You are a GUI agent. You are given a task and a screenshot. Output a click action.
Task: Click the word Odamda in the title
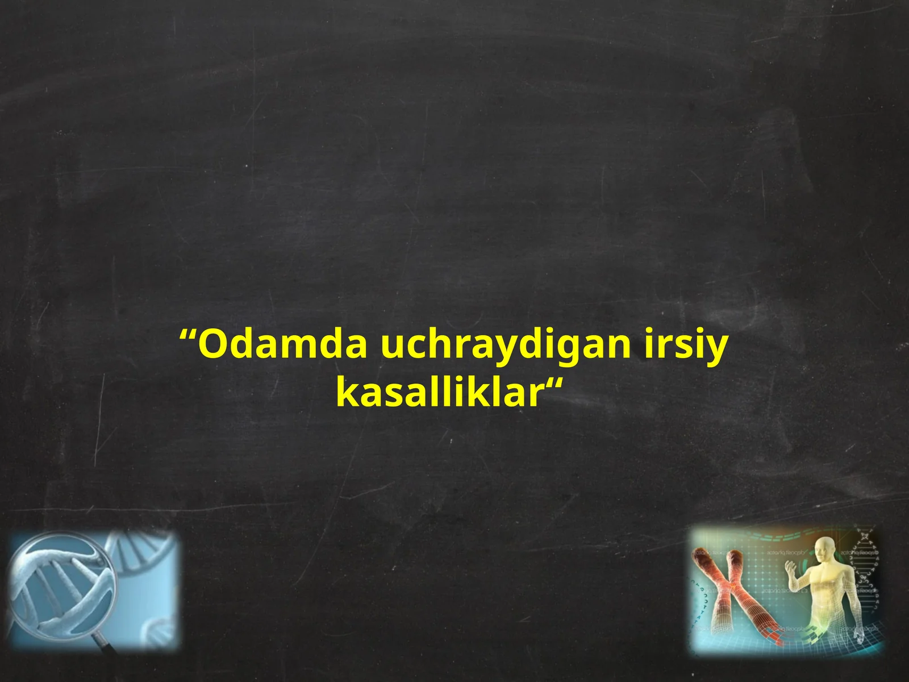(282, 345)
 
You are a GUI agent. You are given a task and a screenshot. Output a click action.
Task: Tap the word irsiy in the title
(686, 345)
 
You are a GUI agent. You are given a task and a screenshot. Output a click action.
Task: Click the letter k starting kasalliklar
(346, 392)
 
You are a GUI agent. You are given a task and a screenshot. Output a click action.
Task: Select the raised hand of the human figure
(791, 568)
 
